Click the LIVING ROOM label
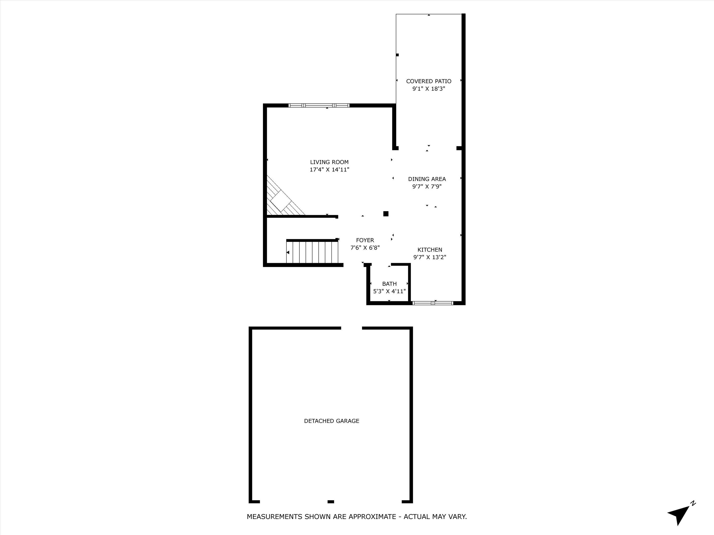coord(329,162)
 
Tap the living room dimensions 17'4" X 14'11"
coord(329,170)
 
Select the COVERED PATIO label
coord(429,81)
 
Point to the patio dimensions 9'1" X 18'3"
coord(429,89)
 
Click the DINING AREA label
coord(427,179)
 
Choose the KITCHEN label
coord(430,250)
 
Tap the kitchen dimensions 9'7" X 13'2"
coord(430,257)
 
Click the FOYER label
coord(365,240)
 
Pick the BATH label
coord(389,284)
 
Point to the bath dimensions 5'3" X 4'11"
coord(389,291)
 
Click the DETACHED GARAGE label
coord(332,421)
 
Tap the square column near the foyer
coord(386,214)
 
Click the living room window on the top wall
coord(319,105)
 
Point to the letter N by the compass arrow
coord(693,503)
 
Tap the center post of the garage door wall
coord(331,501)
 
